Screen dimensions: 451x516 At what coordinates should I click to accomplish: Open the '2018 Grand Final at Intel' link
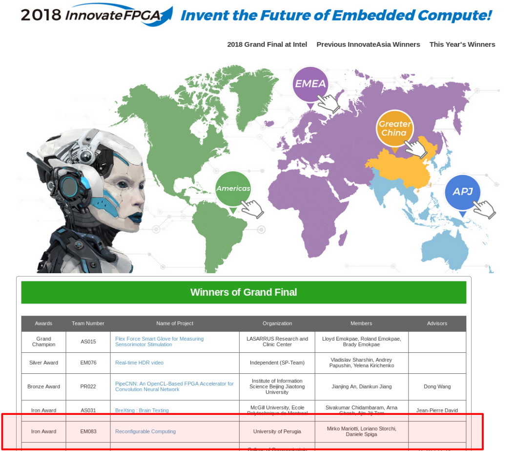pyautogui.click(x=267, y=44)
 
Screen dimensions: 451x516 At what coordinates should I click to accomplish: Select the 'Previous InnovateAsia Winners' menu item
pyautogui.click(x=368, y=44)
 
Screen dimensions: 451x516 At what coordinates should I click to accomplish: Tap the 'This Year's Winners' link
pyautogui.click(x=462, y=44)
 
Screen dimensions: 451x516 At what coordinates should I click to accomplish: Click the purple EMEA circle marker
pyautogui.click(x=310, y=84)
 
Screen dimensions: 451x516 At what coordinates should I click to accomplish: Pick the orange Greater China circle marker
pyautogui.click(x=394, y=128)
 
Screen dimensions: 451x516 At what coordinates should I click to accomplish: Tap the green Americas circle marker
pyautogui.click(x=233, y=189)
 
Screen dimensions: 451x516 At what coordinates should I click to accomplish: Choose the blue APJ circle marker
pyautogui.click(x=462, y=192)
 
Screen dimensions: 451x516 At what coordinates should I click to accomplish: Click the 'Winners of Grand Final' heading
pyautogui.click(x=243, y=292)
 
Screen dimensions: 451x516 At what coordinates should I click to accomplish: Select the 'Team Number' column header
pyautogui.click(x=88, y=323)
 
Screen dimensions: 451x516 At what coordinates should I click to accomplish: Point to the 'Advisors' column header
pyautogui.click(x=437, y=323)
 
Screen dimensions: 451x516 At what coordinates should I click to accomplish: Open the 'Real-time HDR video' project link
pyautogui.click(x=139, y=363)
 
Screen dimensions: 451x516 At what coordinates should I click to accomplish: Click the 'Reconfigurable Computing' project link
pyautogui.click(x=145, y=431)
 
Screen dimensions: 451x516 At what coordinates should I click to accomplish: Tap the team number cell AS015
pyautogui.click(x=88, y=342)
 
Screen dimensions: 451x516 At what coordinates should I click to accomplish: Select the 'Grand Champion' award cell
pyautogui.click(x=43, y=342)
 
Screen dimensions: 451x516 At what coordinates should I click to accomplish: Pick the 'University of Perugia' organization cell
pyautogui.click(x=277, y=431)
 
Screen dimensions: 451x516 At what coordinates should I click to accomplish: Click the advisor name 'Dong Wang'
pyautogui.click(x=437, y=387)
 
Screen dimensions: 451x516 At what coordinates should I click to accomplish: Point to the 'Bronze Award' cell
pyautogui.click(x=43, y=387)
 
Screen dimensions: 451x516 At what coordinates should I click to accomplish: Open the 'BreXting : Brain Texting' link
pyautogui.click(x=142, y=410)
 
